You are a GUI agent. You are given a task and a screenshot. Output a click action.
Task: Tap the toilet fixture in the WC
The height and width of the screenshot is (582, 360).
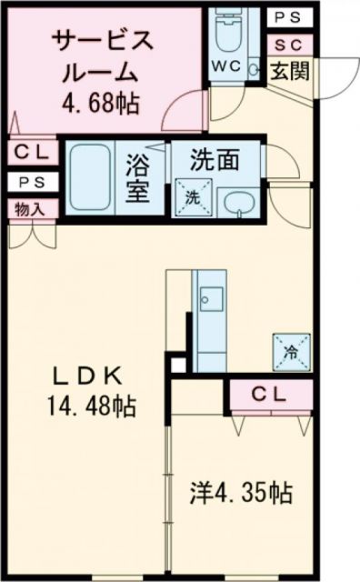(225, 32)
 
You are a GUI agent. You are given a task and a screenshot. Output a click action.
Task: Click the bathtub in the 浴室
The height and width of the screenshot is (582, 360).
(91, 172)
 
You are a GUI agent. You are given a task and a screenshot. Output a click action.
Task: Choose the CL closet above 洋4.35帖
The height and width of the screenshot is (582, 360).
(272, 395)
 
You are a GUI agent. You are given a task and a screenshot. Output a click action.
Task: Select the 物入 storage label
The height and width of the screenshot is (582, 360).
(30, 207)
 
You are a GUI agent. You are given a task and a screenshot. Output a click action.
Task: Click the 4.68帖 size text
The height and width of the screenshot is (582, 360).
(102, 103)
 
